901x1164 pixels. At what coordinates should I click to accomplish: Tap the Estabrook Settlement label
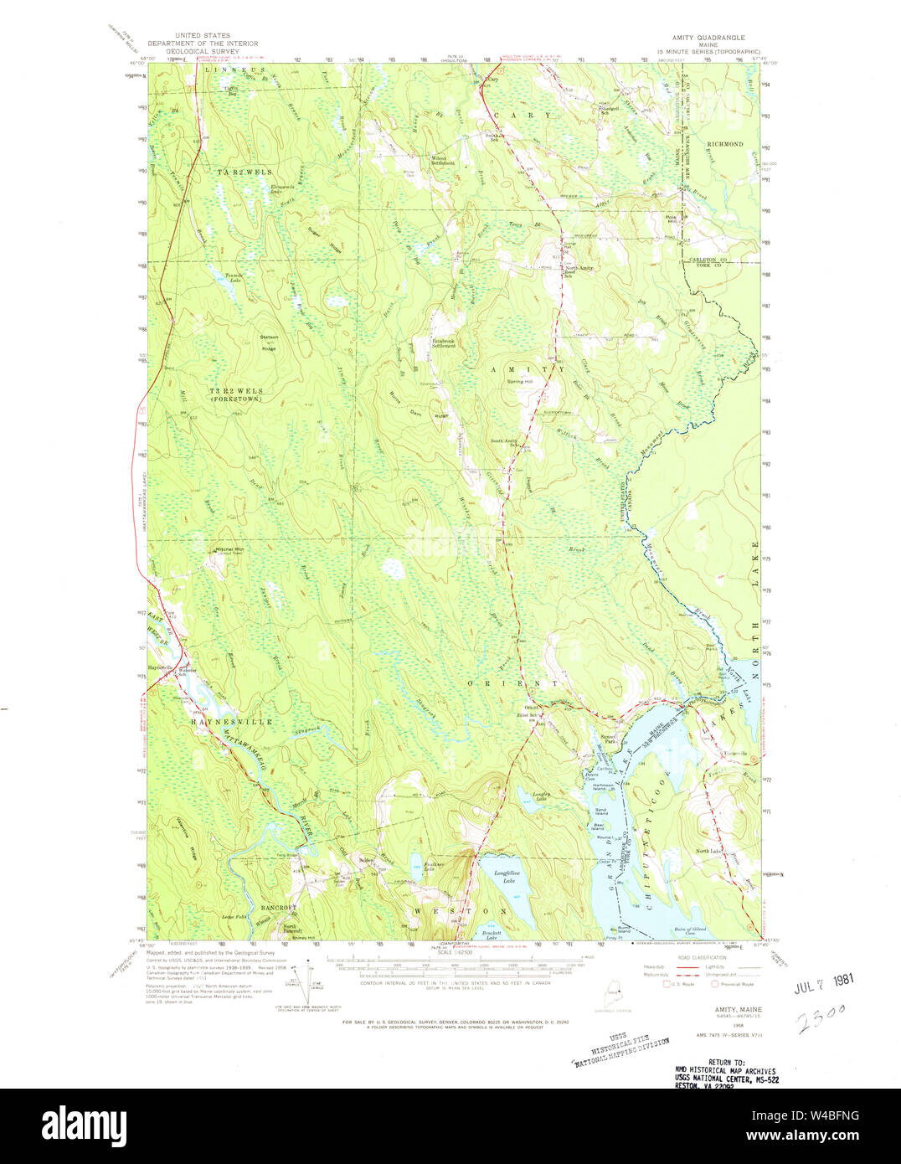pos(444,343)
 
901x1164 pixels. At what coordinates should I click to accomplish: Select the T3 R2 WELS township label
pos(236,391)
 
